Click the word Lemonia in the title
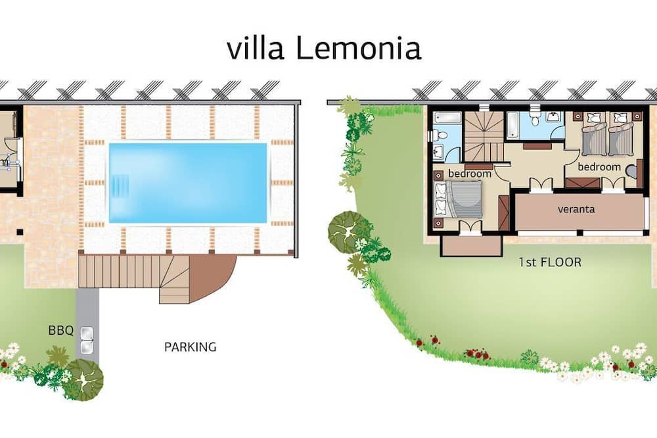(358, 48)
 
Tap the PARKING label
(191, 347)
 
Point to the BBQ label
(60, 331)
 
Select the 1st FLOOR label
(550, 262)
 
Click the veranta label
(576, 209)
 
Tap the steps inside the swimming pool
(120, 183)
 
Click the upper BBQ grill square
(87, 333)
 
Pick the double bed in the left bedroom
(458, 199)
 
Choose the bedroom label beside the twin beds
(599, 166)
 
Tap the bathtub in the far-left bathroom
(447, 117)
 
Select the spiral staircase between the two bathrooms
(484, 137)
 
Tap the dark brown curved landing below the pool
(212, 277)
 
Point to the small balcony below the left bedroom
(471, 245)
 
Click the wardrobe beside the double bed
(504, 213)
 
